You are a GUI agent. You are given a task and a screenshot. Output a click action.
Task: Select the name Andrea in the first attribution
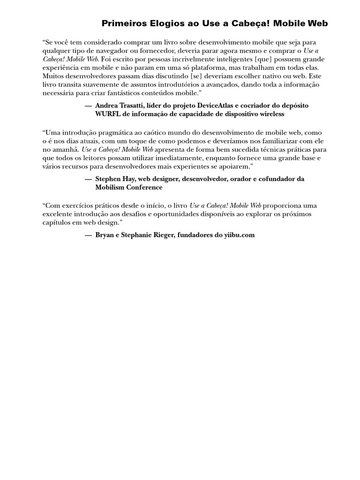(106, 105)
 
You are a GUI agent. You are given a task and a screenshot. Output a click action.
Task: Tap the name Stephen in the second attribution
(108, 179)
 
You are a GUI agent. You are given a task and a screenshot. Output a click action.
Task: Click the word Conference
(146, 187)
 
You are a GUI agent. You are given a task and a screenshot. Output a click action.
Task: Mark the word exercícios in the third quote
(78, 206)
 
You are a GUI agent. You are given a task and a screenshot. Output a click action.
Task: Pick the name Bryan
(105, 235)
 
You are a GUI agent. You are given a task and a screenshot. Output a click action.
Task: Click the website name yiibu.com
(239, 235)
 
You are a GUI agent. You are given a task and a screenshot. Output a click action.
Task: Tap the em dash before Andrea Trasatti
(88, 105)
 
